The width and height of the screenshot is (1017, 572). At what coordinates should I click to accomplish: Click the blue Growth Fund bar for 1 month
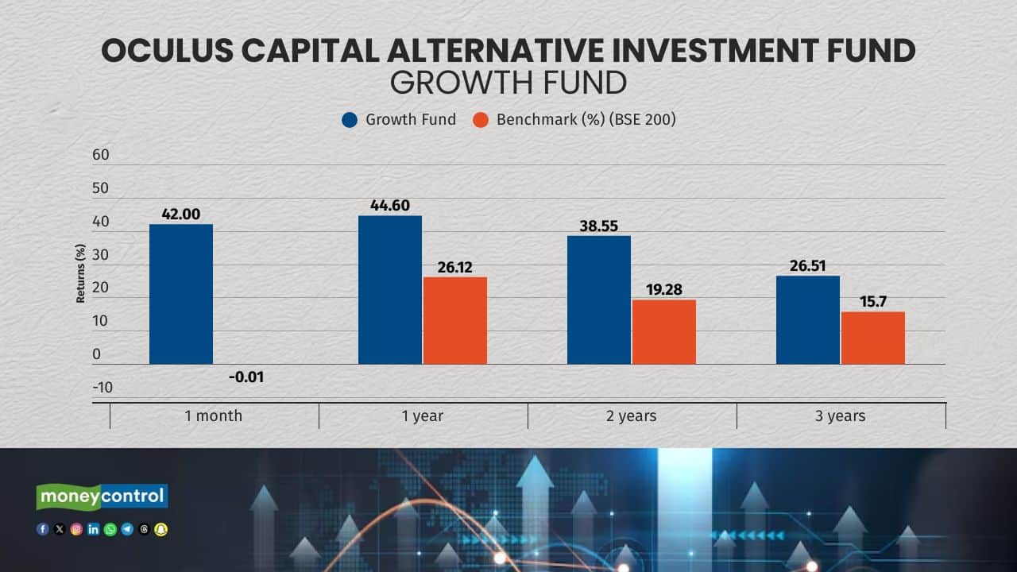point(181,294)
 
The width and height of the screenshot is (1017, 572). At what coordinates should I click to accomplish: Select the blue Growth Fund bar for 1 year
point(390,290)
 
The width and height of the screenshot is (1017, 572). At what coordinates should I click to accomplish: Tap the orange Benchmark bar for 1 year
point(455,320)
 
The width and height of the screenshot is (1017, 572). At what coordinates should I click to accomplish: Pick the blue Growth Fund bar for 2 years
point(599,300)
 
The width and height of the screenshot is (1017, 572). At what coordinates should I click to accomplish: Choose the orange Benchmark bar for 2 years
point(664,331)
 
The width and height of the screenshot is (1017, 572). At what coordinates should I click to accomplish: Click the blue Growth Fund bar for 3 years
point(808,319)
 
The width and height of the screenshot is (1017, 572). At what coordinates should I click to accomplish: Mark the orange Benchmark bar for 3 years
point(873,338)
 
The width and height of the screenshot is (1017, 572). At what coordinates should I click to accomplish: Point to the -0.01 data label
point(246,377)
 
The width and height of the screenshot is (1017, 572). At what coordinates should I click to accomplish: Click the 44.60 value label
point(390,206)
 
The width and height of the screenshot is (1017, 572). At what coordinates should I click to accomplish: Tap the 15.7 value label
point(873,302)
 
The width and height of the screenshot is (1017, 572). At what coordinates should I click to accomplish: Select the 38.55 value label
point(599,226)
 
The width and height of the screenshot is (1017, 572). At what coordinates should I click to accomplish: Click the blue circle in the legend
point(350,120)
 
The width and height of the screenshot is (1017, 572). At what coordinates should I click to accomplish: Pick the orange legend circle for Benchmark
point(481,120)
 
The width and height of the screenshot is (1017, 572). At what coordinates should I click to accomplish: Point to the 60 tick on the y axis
point(101,155)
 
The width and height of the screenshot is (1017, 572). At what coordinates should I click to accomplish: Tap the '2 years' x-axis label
point(632,415)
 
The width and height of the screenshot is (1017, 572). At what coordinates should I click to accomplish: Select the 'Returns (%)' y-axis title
point(81,274)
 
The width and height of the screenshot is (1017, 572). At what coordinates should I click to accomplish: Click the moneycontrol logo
point(102,497)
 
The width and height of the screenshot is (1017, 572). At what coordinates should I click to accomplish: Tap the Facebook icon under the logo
point(43,529)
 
